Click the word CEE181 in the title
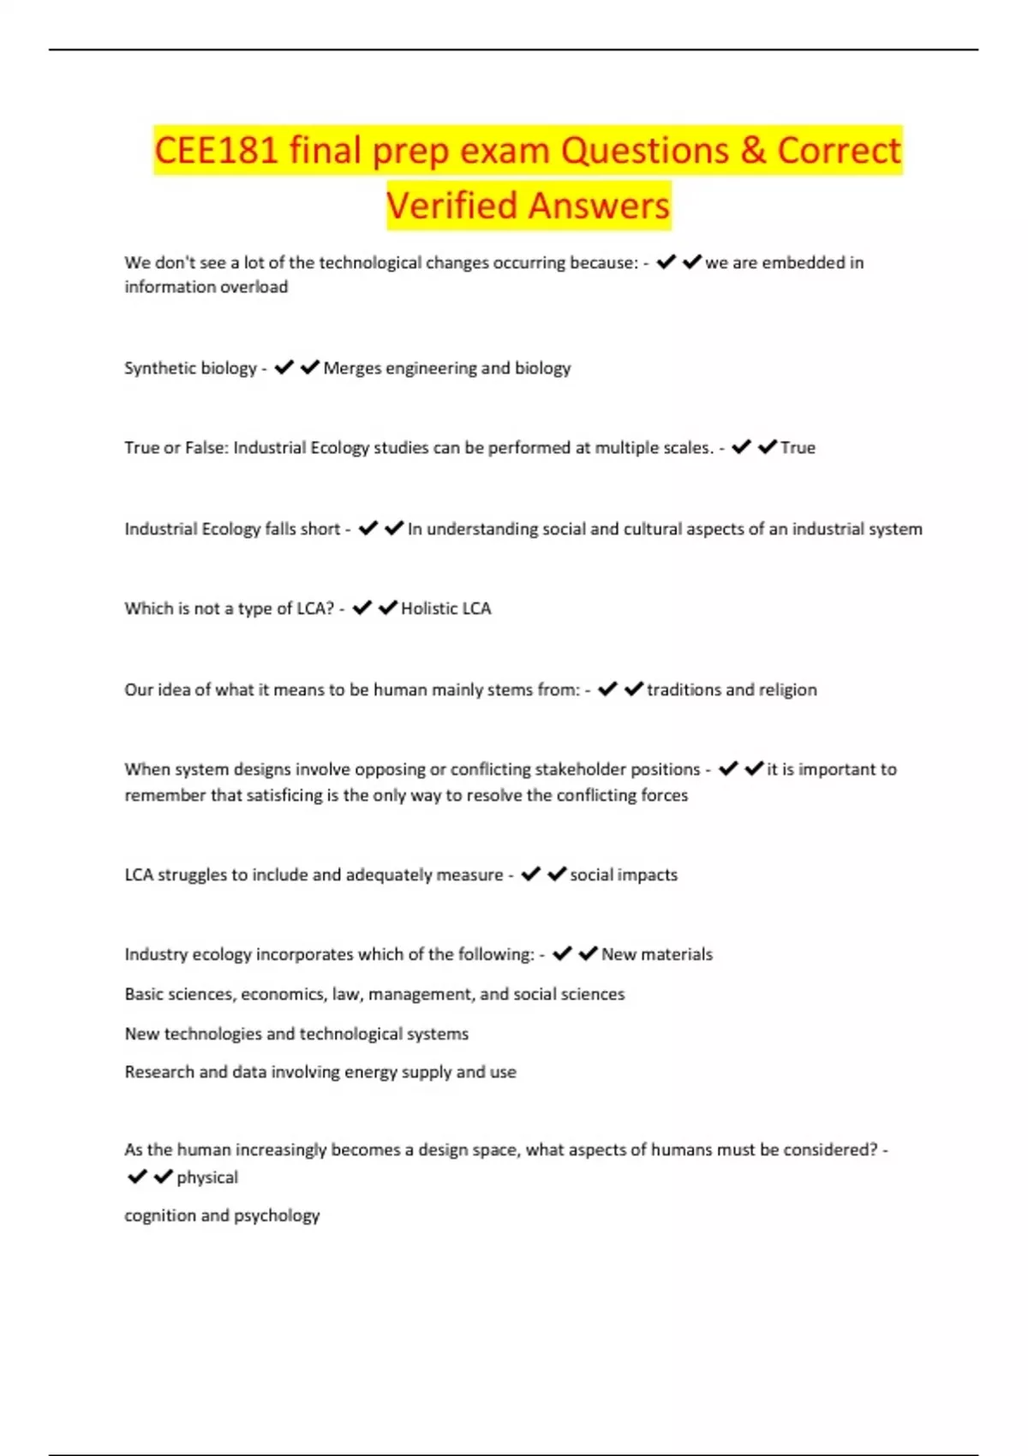(x=216, y=151)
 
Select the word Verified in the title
(x=451, y=206)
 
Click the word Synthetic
(x=161, y=368)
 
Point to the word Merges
(x=351, y=368)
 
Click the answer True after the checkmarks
(x=798, y=448)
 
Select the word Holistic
(x=428, y=609)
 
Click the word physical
(x=207, y=1178)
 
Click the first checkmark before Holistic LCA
(x=362, y=608)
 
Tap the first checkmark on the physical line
(x=137, y=1177)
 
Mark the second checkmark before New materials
(x=589, y=954)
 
